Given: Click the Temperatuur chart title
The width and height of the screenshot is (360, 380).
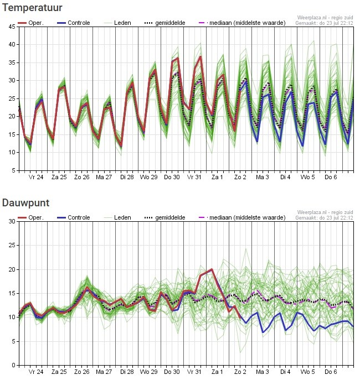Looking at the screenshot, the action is tap(32, 8).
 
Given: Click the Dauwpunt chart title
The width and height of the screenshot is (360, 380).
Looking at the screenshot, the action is tap(25, 203).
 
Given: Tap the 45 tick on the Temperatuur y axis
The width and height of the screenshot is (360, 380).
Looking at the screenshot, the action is tap(12, 27).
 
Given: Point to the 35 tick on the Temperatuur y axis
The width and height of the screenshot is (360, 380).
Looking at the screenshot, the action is tap(12, 63).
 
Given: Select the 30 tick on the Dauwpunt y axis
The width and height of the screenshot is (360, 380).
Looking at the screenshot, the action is tap(12, 221).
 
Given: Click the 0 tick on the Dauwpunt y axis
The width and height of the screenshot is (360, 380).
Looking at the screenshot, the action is tap(14, 365).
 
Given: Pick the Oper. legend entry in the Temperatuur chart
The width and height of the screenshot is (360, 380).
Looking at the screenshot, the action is tap(31, 23).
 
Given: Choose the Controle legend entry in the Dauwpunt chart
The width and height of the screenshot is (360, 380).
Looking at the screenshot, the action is tap(74, 217).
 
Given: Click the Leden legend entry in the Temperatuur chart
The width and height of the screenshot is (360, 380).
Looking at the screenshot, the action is tap(117, 23).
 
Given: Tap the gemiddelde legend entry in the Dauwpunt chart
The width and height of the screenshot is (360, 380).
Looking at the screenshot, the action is tap(164, 217).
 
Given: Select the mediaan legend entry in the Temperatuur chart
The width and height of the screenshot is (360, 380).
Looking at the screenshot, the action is tap(242, 23).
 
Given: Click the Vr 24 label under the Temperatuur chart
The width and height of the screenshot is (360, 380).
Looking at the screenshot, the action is tap(36, 177).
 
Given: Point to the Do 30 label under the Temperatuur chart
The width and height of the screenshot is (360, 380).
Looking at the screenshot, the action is tap(172, 177).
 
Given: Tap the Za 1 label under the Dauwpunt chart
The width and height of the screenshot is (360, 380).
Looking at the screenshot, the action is tap(217, 372).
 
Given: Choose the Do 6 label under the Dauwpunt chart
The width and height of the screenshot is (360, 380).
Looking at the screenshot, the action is tap(331, 372).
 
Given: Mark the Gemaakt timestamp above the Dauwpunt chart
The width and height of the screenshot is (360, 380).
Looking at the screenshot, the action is tap(324, 217).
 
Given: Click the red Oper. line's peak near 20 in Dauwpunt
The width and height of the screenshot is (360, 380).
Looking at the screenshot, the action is tap(212, 269).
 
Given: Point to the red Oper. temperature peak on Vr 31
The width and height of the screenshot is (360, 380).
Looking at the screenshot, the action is tap(200, 56).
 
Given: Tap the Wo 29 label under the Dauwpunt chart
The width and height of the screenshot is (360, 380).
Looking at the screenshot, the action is tap(148, 372).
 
